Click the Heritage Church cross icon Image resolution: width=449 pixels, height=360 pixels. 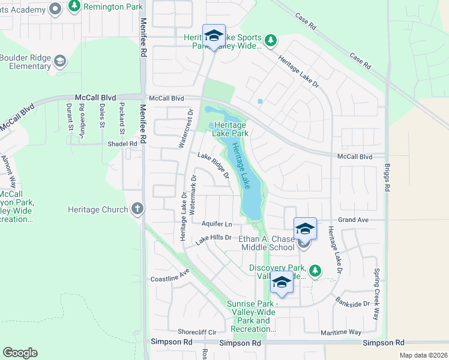click(x=138, y=209)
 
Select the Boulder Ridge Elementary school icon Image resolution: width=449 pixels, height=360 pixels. click(x=60, y=61)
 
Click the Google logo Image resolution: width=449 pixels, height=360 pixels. click(x=20, y=353)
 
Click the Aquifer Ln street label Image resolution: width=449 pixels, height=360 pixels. click(x=217, y=224)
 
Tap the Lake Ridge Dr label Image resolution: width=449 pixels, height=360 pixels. click(x=213, y=164)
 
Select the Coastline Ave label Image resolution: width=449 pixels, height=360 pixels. click(x=170, y=279)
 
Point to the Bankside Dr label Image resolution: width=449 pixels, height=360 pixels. click(x=352, y=304)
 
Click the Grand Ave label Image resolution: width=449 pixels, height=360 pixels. click(x=352, y=220)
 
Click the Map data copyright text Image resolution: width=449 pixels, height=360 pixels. click(x=423, y=355)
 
